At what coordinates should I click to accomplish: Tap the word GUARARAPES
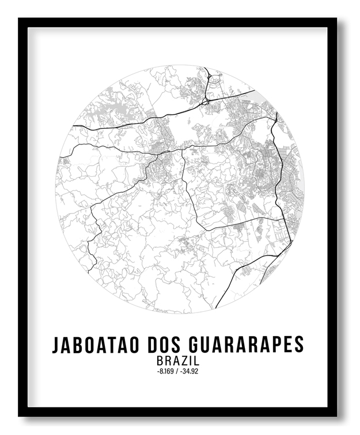pyautogui.click(x=245, y=344)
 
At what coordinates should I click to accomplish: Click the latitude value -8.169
pyautogui.click(x=165, y=371)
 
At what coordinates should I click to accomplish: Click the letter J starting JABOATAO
pyautogui.click(x=56, y=344)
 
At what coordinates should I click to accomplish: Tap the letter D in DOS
pyautogui.click(x=153, y=344)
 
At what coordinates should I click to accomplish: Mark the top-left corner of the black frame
pyautogui.click(x=19, y=19)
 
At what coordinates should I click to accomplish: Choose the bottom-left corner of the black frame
pyautogui.click(x=19, y=415)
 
